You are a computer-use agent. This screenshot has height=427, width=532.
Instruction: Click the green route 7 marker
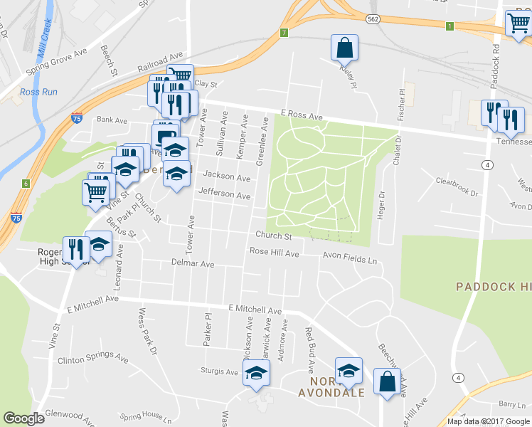284,32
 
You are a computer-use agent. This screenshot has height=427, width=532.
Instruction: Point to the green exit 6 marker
26,184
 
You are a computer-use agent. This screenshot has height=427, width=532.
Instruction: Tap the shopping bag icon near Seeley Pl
345,48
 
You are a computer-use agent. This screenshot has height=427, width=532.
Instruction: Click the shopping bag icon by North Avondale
387,381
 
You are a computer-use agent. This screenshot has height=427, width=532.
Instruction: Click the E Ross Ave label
302,115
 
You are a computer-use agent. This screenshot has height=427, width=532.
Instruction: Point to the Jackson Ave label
226,176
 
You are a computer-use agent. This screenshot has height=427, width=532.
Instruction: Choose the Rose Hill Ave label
274,252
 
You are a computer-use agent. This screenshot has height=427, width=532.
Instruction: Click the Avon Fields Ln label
349,260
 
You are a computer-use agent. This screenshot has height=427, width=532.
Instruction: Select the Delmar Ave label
193,263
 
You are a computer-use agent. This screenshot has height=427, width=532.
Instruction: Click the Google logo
24,418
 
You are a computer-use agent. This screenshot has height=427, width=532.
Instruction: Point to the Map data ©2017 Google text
487,421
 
